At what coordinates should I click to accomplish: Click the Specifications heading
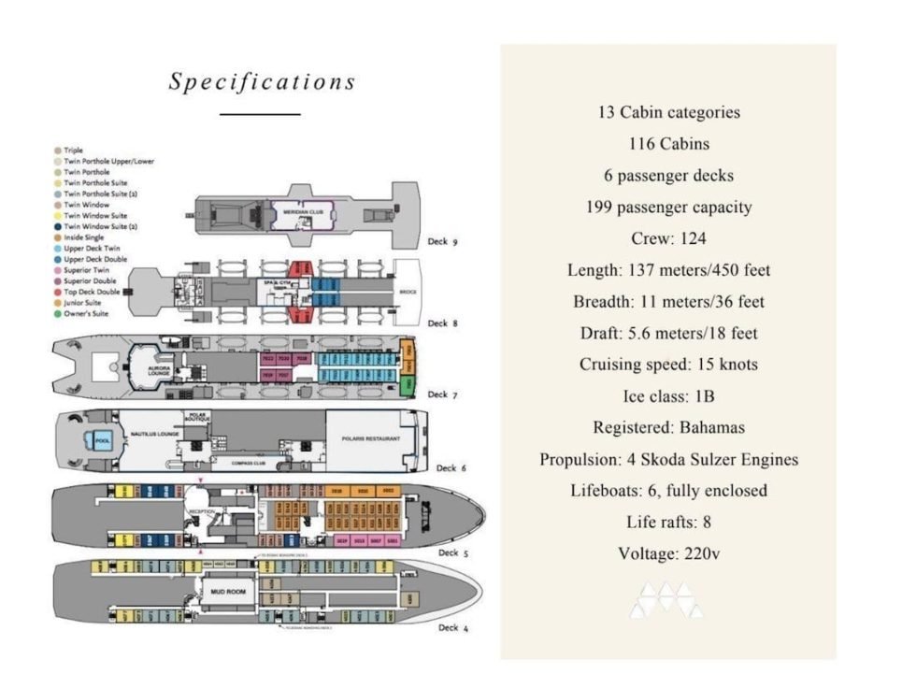click(x=263, y=81)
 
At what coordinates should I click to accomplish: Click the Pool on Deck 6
click(x=95, y=440)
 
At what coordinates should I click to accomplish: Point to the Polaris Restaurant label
click(x=371, y=437)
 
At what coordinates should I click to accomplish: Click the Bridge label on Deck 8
click(x=408, y=292)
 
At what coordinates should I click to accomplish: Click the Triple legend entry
click(x=74, y=150)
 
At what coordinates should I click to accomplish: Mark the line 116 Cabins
click(x=668, y=144)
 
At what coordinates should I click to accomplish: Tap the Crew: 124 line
click(x=668, y=238)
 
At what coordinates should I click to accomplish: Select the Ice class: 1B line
click(x=668, y=395)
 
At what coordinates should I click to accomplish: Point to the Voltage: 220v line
click(x=668, y=553)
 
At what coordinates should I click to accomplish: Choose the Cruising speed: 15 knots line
click(x=668, y=365)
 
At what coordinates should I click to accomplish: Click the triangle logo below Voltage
click(x=666, y=601)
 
